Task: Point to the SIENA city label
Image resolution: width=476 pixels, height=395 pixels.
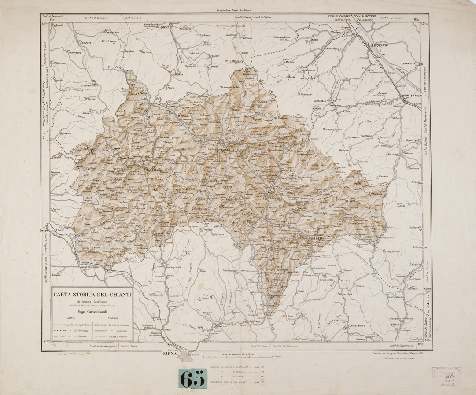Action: point(170,354)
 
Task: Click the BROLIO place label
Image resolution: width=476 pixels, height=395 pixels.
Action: point(317,238)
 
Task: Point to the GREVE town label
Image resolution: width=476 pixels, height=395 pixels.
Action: point(165,27)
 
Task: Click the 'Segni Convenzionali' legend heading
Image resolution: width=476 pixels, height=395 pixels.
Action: point(91,310)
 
